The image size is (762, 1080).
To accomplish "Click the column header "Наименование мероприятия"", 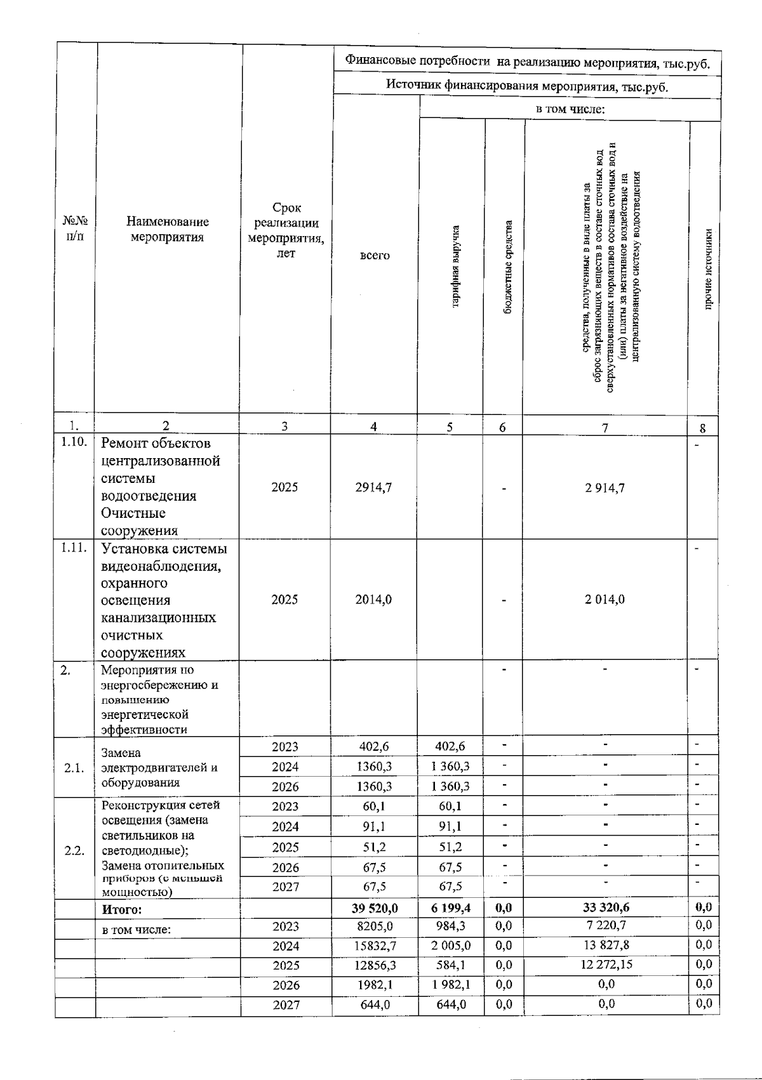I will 167,230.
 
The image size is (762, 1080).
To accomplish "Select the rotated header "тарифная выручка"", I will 455,267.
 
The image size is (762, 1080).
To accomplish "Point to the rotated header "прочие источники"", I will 708,270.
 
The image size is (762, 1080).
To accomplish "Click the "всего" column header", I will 375,255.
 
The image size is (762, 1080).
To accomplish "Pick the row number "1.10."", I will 74,442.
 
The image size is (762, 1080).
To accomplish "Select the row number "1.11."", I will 74,548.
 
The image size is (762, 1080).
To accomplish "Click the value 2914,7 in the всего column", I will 373,487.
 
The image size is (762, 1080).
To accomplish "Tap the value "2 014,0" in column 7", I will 605,599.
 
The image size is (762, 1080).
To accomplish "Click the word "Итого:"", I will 122,909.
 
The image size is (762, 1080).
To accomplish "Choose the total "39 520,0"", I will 375,909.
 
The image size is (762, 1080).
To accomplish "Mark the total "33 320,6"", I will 606,908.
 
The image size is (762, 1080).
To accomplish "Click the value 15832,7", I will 375,946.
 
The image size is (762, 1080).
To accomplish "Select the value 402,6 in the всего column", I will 374,747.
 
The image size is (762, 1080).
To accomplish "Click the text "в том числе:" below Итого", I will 137,930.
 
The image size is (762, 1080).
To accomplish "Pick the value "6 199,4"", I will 450,909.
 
